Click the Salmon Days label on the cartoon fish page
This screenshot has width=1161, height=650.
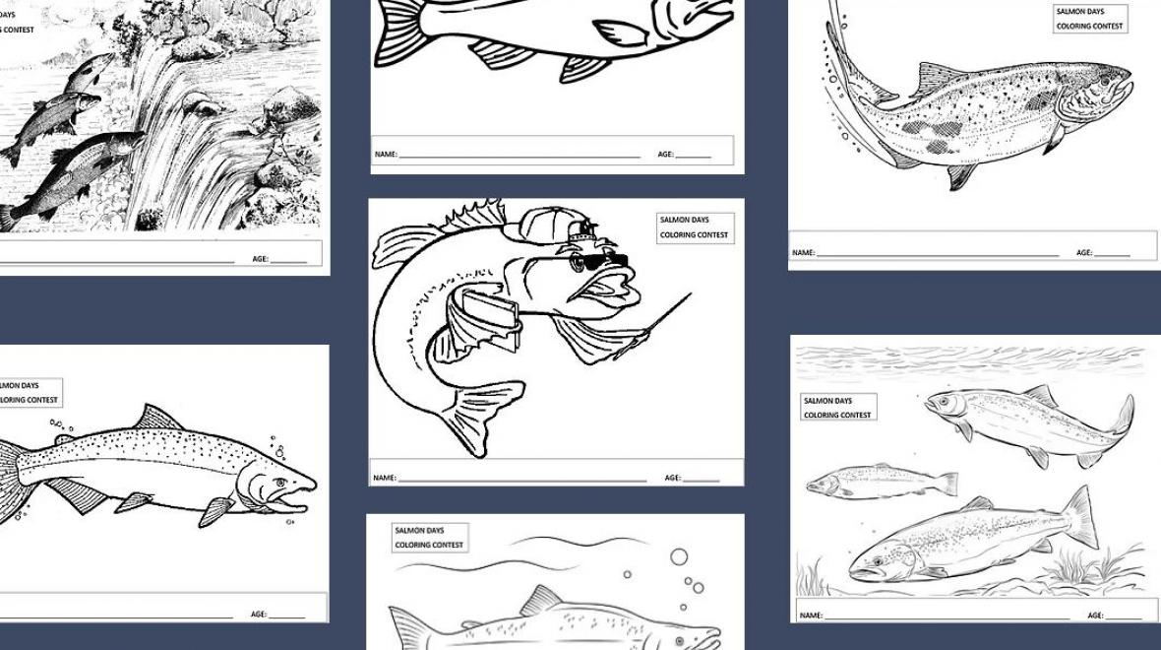(x=695, y=227)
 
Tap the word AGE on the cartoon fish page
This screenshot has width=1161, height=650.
(x=672, y=478)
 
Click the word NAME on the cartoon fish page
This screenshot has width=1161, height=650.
(x=384, y=478)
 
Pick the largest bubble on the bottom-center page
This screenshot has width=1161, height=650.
(x=678, y=556)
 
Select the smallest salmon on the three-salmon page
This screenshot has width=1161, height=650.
(x=882, y=482)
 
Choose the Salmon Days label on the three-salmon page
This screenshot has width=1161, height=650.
(x=838, y=408)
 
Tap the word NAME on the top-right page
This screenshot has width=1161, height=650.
(x=803, y=253)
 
